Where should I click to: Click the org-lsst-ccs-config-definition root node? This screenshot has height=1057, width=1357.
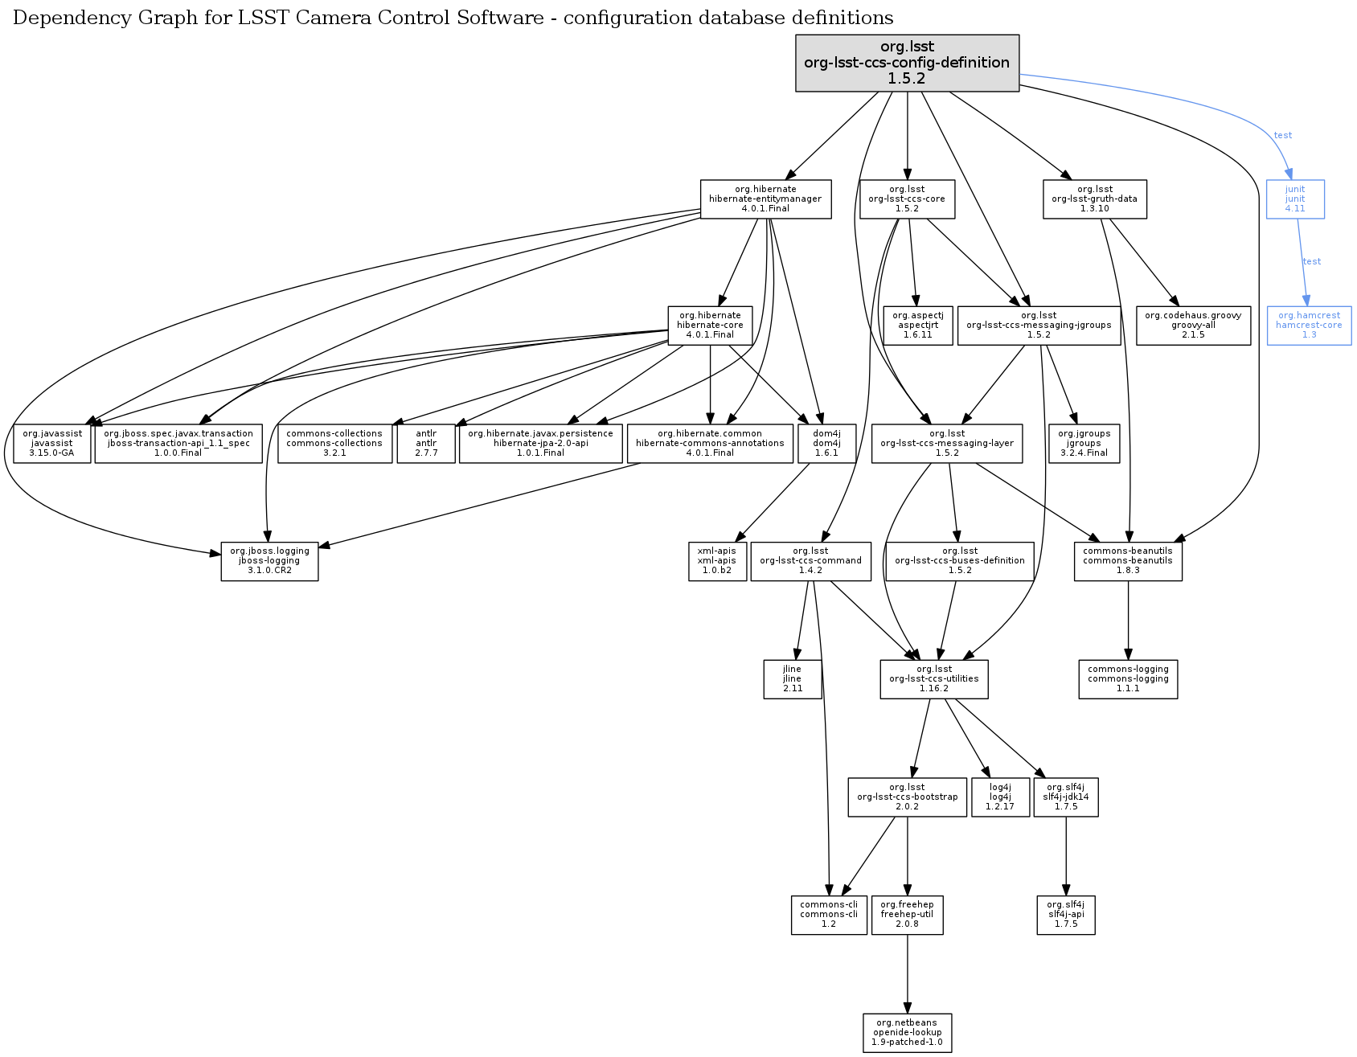coord(907,63)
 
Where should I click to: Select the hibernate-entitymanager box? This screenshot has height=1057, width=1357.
coord(765,199)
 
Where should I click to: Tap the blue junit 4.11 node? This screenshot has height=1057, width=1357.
coord(1294,199)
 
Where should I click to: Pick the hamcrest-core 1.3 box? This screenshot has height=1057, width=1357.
coord(1309,325)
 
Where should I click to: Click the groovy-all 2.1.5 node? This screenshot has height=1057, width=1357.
coord(1193,325)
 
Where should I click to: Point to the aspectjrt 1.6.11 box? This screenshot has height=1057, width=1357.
coord(917,325)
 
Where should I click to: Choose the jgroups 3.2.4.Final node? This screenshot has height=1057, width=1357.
coord(1084,443)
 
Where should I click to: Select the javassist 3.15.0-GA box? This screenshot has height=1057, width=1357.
coord(52,443)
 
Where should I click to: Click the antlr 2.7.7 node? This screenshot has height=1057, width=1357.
coord(426,443)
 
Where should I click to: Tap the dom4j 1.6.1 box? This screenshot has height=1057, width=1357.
coord(826,443)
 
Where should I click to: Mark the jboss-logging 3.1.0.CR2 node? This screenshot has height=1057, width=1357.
coord(269,560)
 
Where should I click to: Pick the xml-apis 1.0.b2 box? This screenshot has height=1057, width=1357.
coord(716,560)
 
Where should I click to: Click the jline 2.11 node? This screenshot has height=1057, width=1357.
coord(792,678)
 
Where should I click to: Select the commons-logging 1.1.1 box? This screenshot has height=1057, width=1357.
coord(1128,678)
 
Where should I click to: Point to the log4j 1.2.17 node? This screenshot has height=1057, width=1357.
coord(1000,797)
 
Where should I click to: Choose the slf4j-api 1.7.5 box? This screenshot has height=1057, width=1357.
coord(1066,914)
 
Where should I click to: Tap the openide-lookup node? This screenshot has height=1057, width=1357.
coord(907,1032)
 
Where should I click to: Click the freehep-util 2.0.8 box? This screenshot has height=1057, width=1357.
coord(907,914)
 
